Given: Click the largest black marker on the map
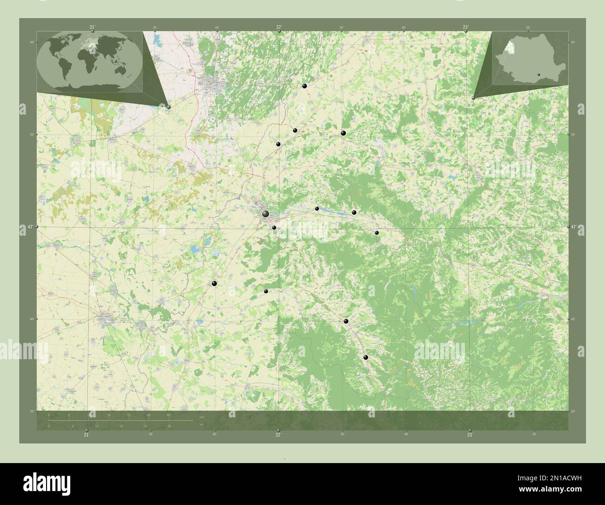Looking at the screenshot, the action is click(265, 214).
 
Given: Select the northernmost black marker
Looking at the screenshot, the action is click(304, 86).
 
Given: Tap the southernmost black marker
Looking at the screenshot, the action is click(366, 358).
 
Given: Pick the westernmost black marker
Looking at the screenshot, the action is click(215, 283).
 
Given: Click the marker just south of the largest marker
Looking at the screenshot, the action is click(274, 228).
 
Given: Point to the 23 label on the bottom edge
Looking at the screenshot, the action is click(470, 435).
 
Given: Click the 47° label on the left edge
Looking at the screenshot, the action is click(30, 227).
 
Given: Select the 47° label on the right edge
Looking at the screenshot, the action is click(574, 227).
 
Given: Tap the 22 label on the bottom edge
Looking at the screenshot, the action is click(278, 435).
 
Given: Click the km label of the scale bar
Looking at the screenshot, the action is click(202, 416).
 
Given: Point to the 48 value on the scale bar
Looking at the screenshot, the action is click(168, 415).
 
